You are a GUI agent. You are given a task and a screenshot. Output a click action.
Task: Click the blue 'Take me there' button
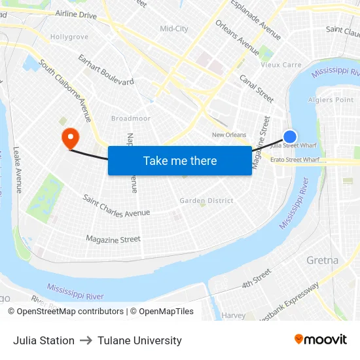click(179, 160)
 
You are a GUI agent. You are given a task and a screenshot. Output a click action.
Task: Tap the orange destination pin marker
click(69, 138)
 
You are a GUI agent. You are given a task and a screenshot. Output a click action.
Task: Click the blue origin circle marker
click(290, 136)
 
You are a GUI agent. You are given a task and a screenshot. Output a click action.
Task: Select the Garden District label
click(206, 200)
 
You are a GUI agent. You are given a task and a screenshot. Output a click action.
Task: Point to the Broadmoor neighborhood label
click(131, 118)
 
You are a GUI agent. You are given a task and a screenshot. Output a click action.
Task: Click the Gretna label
click(322, 261)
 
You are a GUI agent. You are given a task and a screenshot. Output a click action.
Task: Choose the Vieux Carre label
click(281, 65)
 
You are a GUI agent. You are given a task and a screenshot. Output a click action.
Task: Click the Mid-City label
click(174, 29)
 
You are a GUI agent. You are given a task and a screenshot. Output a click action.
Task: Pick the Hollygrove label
click(69, 37)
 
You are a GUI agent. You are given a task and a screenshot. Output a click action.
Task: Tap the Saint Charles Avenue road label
click(116, 205)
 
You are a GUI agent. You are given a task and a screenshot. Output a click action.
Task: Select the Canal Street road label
click(256, 88)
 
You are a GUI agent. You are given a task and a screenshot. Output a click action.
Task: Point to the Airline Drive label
click(76, 14)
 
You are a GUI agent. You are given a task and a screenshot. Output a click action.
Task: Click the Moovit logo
click(320, 339)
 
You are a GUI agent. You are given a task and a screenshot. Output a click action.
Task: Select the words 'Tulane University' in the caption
click(139, 340)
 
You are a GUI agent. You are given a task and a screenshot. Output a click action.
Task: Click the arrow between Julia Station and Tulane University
click(86, 340)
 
